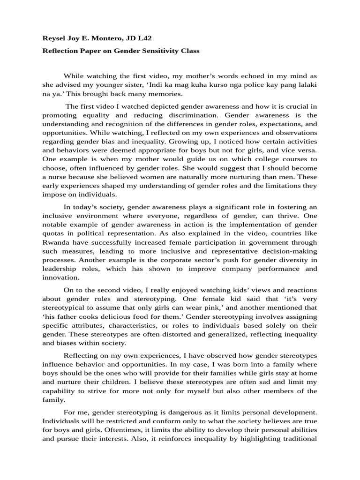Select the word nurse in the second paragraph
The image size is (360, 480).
click(x=55, y=178)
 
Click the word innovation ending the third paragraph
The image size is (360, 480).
click(x=60, y=277)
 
